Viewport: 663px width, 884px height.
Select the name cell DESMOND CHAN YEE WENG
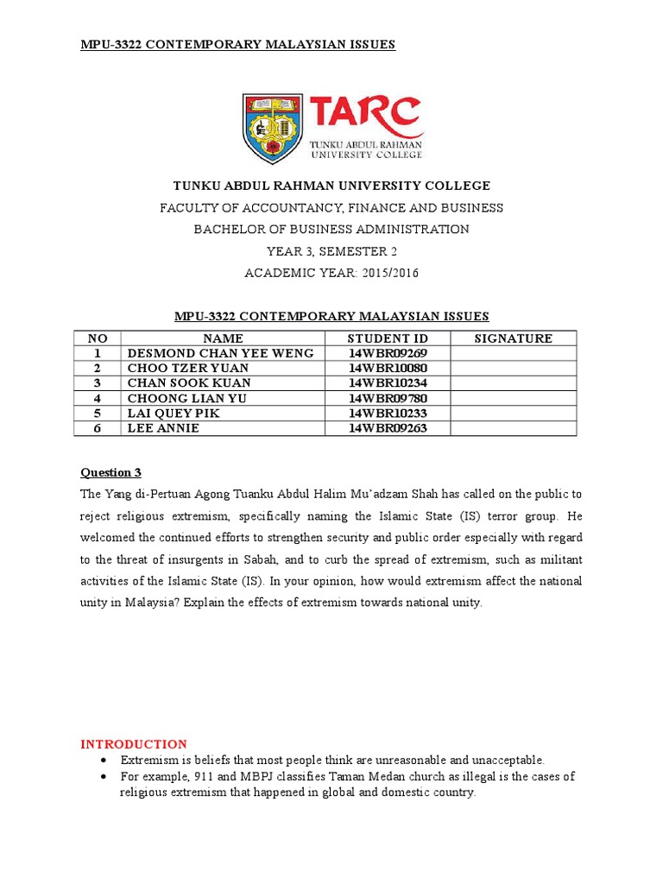pos(221,353)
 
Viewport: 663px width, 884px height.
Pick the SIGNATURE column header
pos(513,338)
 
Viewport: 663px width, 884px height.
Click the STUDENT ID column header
pos(388,338)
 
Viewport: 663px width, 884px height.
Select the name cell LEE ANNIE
pos(163,428)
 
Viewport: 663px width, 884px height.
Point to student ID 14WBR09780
pos(388,398)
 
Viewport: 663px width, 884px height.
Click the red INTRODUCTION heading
pos(134,744)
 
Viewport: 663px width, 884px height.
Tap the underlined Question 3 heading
pos(110,472)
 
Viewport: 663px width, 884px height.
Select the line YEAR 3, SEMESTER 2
pos(331,252)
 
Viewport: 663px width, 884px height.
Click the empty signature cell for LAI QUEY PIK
pos(513,414)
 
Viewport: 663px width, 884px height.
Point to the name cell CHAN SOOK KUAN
pos(189,383)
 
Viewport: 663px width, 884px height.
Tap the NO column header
pos(98,338)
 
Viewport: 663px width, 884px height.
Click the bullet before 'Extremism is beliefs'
pos(104,761)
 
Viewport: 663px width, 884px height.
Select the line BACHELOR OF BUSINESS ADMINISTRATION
pos(331,230)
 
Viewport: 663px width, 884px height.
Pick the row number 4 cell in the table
pos(98,398)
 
